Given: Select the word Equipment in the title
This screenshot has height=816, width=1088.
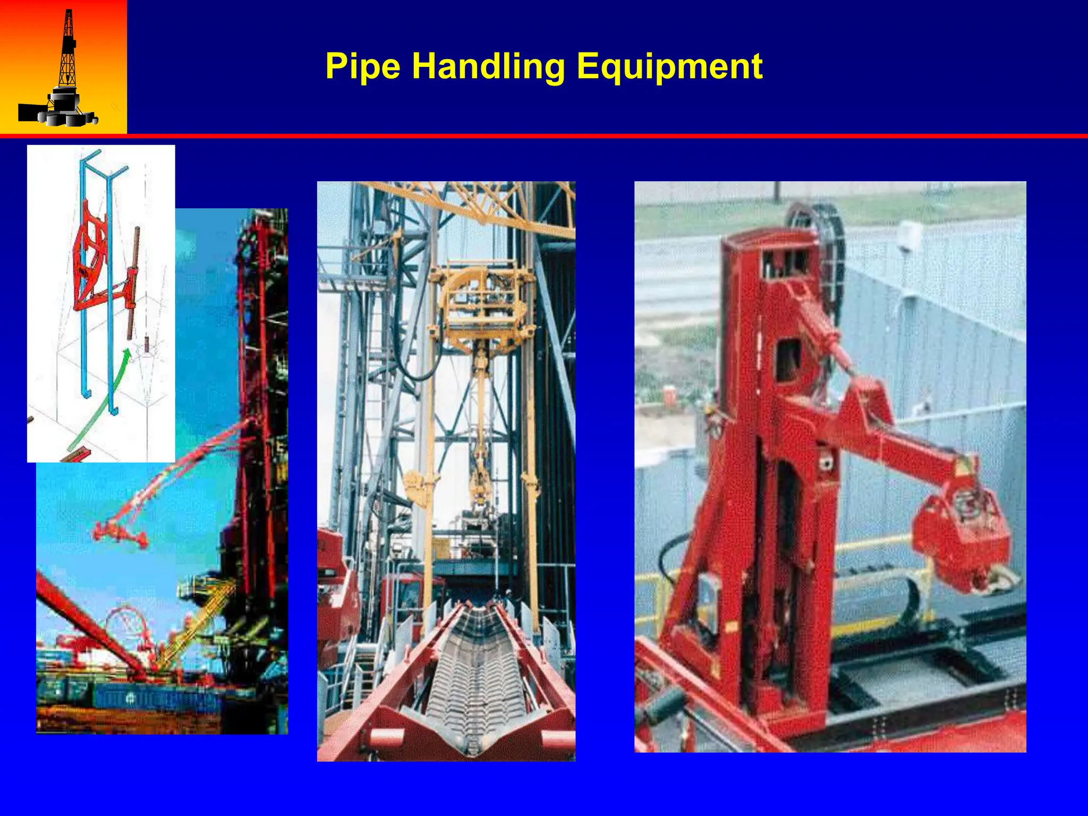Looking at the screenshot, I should pos(669,66).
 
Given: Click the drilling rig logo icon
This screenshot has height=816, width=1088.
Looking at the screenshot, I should pos(63,69).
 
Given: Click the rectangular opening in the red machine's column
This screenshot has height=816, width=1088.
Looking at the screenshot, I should pos(788,361).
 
